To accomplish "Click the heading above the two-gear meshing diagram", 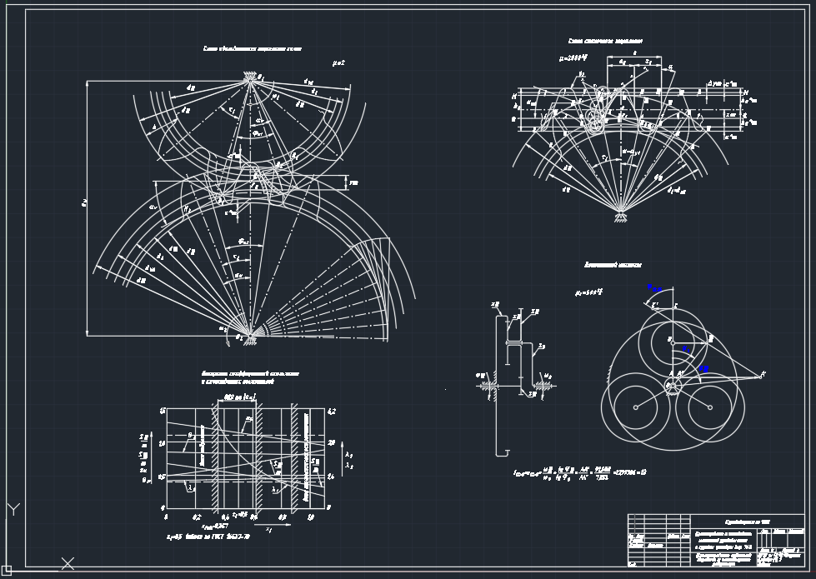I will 252,49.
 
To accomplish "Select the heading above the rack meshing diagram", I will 605,41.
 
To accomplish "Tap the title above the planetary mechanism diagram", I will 612,264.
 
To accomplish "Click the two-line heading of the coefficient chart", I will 250,377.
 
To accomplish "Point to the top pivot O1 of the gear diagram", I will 250,77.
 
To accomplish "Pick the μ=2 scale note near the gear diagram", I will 338,62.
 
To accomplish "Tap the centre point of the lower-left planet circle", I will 635,407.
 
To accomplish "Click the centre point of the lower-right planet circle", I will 708,407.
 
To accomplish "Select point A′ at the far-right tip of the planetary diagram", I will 763,374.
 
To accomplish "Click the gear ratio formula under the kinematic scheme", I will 579,472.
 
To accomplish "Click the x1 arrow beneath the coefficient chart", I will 268,527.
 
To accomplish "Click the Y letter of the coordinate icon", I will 13,507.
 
